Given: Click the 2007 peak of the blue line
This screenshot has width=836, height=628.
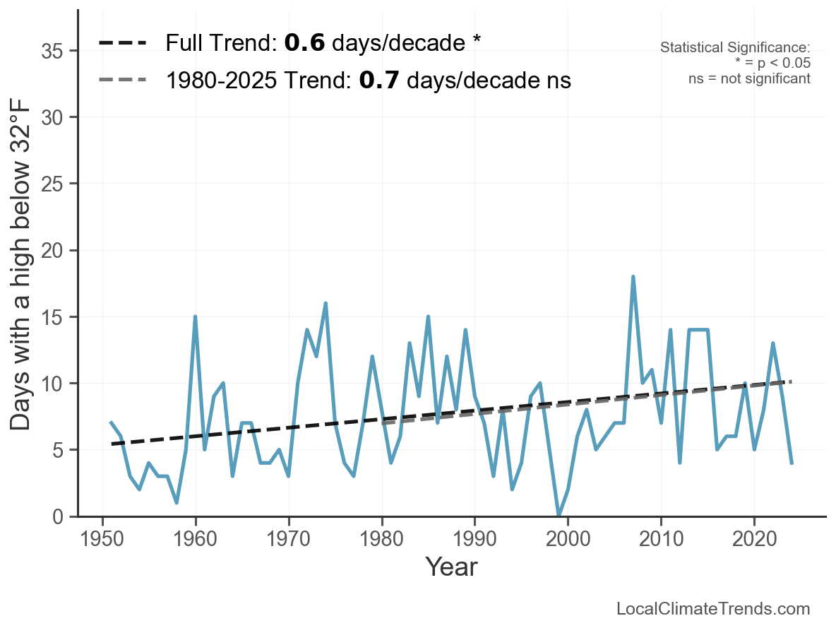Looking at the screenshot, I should click(x=633, y=277).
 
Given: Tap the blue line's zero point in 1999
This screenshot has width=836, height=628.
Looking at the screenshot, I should click(x=559, y=516).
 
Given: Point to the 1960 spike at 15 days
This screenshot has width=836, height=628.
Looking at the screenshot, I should click(x=195, y=316).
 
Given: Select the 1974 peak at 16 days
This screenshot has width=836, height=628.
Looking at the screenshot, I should click(x=326, y=304).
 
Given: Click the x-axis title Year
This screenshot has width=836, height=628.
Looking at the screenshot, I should click(x=451, y=567).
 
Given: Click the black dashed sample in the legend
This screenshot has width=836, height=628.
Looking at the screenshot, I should click(x=122, y=43).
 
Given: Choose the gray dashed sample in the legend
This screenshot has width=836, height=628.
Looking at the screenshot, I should click(x=122, y=80).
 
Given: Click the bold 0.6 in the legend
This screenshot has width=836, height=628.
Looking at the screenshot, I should click(x=304, y=43).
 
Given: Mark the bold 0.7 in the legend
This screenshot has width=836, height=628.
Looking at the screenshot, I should click(x=380, y=80).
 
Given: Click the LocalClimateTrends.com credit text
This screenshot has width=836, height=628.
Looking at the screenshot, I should click(x=713, y=609).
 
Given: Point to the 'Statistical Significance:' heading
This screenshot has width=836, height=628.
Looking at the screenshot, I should click(x=735, y=47).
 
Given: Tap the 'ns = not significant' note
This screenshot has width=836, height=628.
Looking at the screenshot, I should click(x=749, y=78).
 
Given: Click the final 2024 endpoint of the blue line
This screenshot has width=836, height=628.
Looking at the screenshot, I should click(x=792, y=463).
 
